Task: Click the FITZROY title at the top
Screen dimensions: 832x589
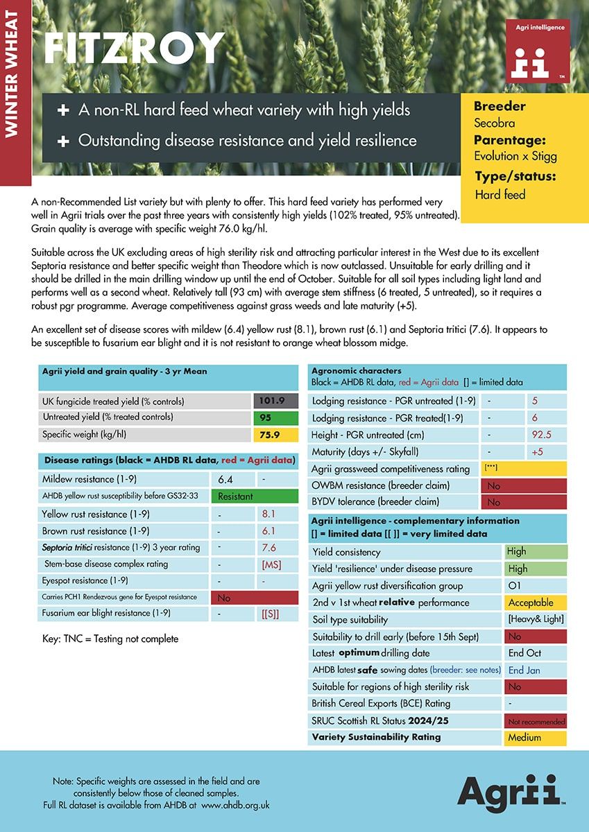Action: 134,50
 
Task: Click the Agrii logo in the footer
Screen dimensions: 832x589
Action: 509,791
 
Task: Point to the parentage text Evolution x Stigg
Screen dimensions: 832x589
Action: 515,156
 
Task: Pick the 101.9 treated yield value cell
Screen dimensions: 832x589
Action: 275,401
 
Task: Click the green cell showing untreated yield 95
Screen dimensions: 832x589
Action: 275,418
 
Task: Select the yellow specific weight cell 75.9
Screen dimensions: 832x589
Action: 275,435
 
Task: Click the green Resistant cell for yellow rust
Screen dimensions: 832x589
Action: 255,496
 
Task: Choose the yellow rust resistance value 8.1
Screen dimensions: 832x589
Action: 268,514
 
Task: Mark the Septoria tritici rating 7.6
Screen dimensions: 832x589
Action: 268,547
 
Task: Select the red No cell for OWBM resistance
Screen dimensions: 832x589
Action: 523,486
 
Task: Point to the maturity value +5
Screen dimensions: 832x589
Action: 536,452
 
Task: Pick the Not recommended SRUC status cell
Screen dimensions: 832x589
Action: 536,721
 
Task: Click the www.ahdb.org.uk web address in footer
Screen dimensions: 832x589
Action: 235,805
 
